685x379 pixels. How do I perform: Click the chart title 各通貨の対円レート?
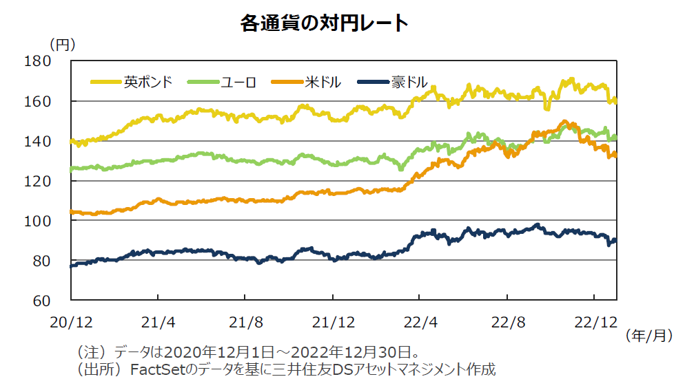click(324, 23)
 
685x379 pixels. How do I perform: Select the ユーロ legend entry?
click(238, 82)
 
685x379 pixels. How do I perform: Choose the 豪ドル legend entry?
click(409, 82)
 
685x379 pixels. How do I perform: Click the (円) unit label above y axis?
click(63, 43)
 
